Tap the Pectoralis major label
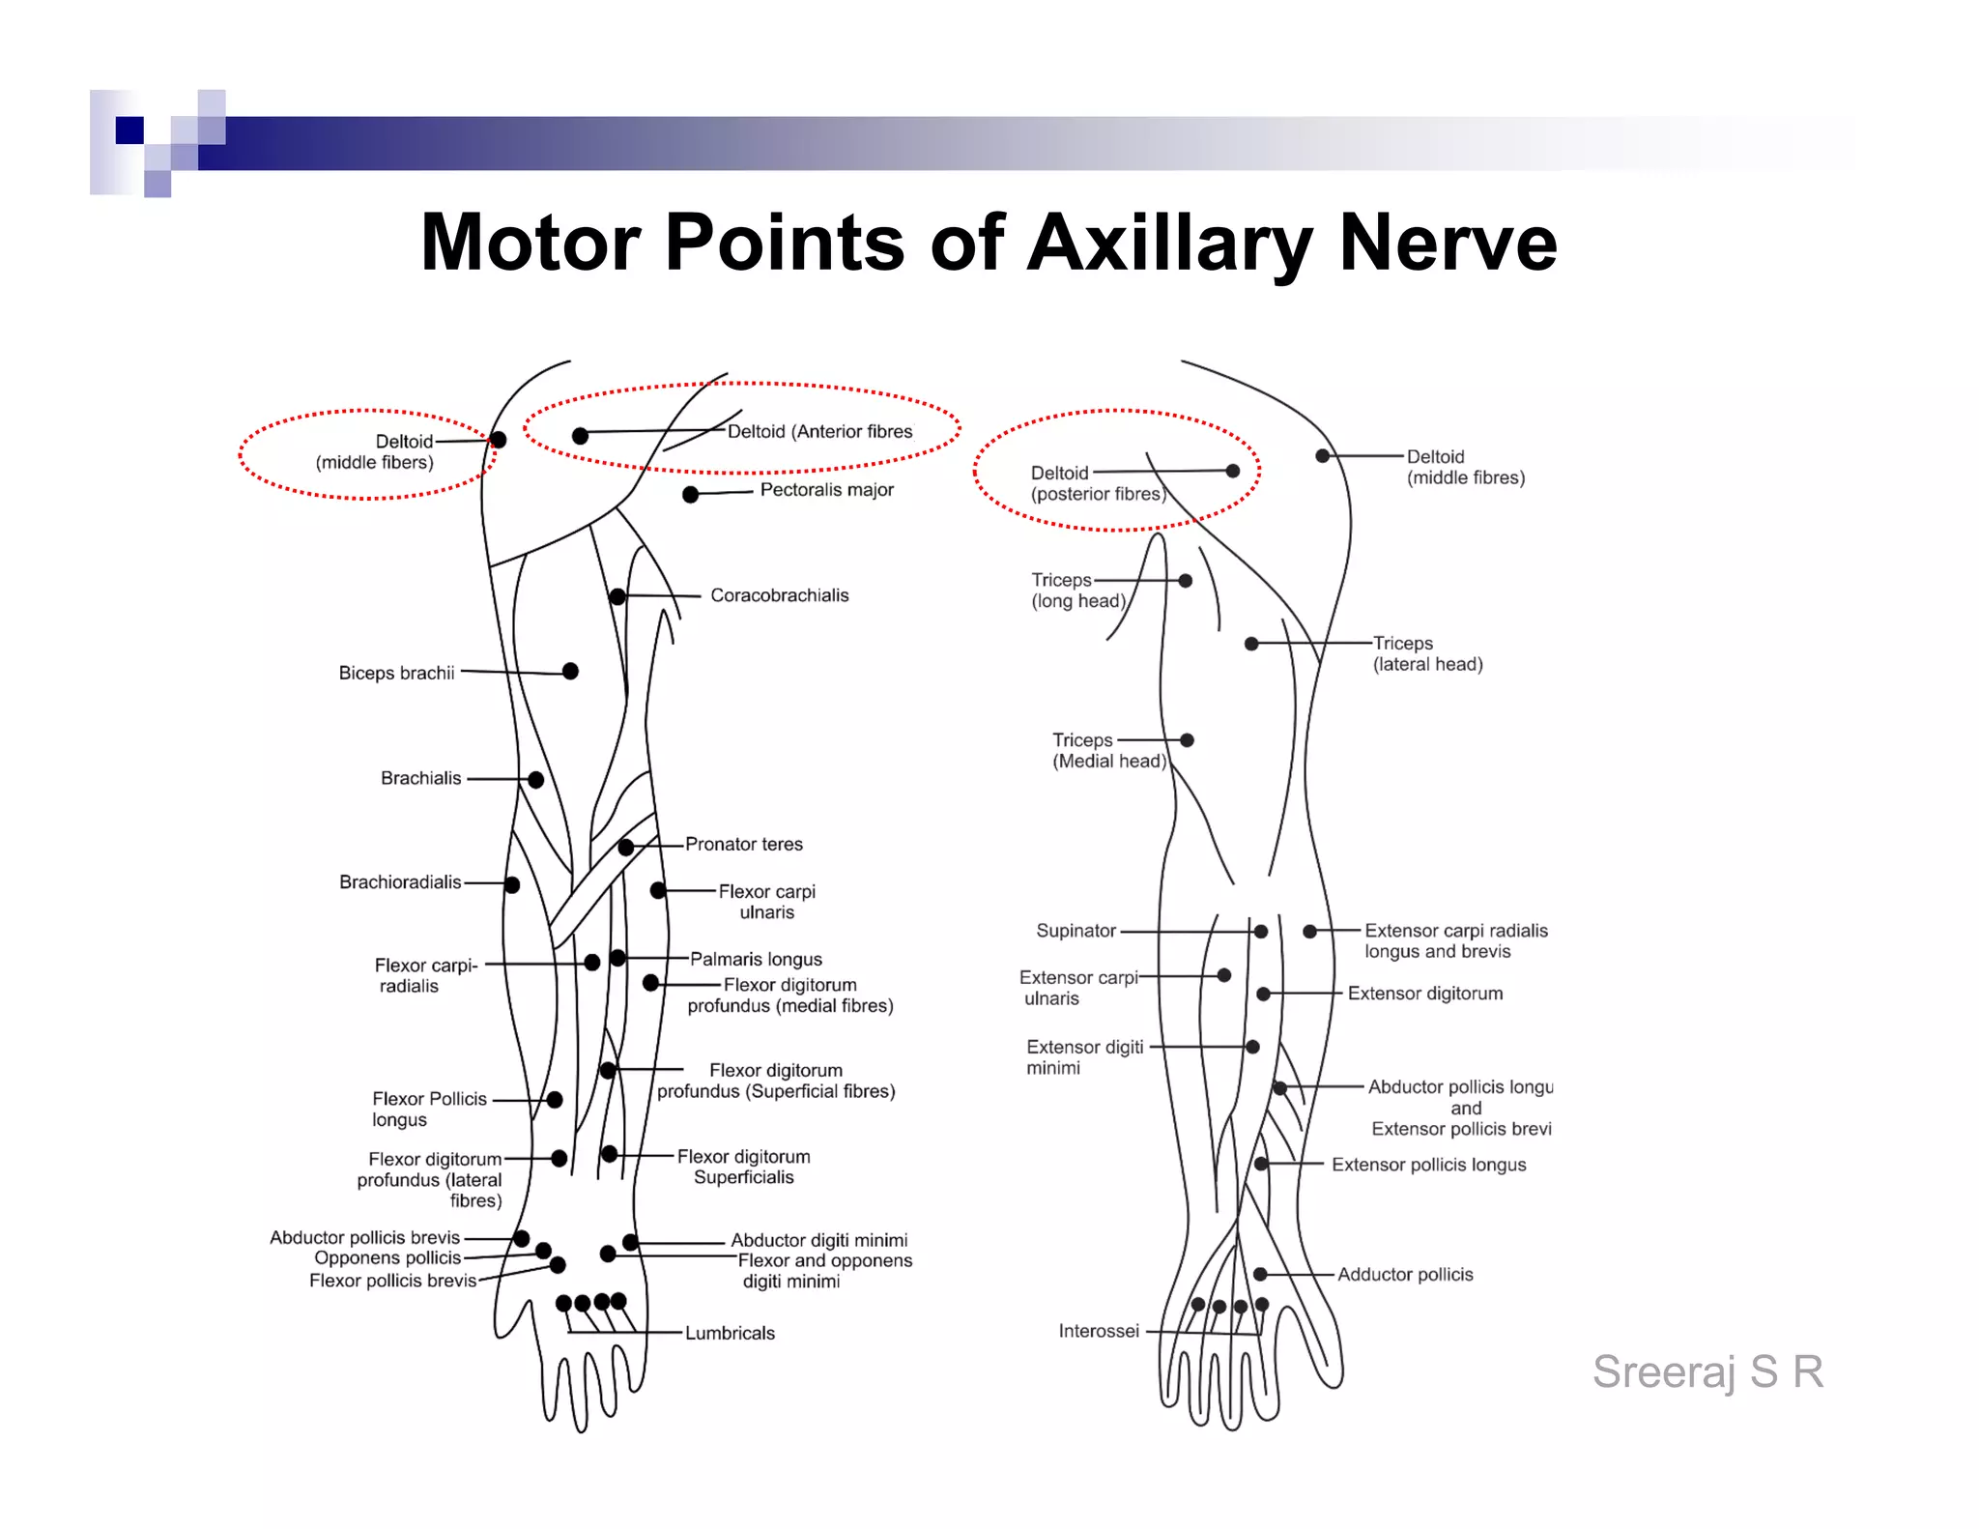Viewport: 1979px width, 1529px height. (826, 490)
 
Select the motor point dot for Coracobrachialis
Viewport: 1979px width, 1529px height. (617, 596)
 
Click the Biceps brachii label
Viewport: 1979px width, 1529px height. (396, 673)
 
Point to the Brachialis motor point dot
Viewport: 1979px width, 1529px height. (535, 779)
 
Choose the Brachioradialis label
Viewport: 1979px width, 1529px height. (400, 882)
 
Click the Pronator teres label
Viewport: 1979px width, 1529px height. (744, 844)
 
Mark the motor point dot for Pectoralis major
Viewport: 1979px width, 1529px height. (690, 495)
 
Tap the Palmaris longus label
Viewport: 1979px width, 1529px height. (756, 959)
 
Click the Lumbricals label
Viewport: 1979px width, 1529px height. (730, 1333)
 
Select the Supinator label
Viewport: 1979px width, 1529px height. (1076, 931)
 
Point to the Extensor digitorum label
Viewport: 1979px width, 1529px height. (1425, 994)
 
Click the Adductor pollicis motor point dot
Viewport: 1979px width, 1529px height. (1260, 1275)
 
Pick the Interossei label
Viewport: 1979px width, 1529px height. (1099, 1331)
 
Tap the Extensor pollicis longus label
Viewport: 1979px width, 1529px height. (1428, 1165)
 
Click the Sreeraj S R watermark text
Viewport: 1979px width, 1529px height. (1707, 1371)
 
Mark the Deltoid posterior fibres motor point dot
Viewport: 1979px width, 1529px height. (1232, 471)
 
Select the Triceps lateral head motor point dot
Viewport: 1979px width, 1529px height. (1251, 644)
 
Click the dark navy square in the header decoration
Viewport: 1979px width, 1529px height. (129, 130)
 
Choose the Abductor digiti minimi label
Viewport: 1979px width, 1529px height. (818, 1240)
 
